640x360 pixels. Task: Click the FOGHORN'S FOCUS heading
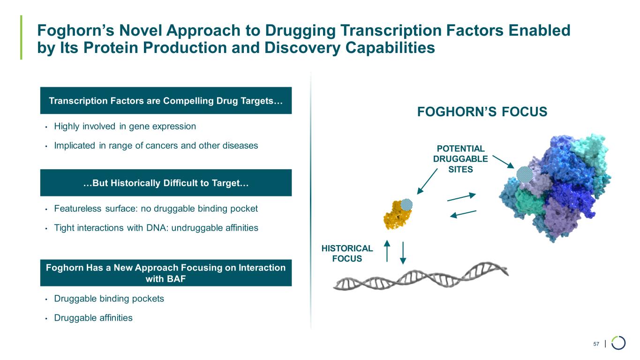482,112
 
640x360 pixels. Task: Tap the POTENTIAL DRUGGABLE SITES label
460,159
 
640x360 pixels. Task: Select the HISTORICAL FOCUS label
346,253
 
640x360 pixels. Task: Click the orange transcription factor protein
396,216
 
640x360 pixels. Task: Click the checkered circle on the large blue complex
523,174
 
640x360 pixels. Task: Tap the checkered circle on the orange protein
407,204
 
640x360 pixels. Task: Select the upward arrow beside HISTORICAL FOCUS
387,251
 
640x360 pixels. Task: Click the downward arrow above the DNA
403,254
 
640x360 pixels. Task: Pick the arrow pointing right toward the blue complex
461,197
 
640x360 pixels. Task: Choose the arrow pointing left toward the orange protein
463,214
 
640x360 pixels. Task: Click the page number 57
596,345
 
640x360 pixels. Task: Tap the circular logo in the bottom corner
618,343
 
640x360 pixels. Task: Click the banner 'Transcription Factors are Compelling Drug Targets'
166,100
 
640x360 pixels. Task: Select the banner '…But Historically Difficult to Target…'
166,183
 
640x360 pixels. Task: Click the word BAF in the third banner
166,279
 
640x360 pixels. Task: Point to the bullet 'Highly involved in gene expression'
125,127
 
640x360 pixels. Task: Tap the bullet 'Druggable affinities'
93,318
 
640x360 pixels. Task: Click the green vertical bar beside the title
21,37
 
